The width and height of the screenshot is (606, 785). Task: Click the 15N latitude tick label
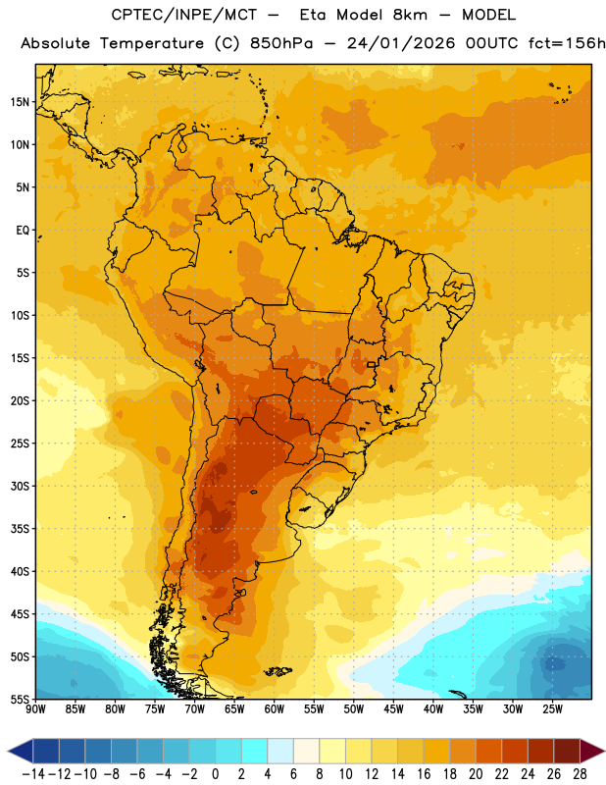click(x=20, y=102)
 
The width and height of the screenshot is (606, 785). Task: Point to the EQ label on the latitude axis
click(x=23, y=231)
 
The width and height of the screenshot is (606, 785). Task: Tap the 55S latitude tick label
click(x=20, y=700)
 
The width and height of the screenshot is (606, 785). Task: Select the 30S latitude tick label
click(x=20, y=486)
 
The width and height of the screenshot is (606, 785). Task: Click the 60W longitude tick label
click(x=274, y=709)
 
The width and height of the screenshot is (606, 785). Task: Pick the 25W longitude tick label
click(x=552, y=709)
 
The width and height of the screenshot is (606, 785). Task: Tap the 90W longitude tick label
click(x=35, y=709)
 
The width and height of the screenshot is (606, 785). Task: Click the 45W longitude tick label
click(x=393, y=709)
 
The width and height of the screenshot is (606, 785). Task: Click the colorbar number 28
click(x=580, y=774)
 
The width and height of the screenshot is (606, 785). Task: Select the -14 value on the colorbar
click(x=33, y=774)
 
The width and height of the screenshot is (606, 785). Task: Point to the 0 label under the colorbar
click(x=216, y=774)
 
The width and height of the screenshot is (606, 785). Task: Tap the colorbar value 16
click(x=424, y=774)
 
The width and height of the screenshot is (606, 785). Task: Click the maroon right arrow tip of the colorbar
click(x=603, y=752)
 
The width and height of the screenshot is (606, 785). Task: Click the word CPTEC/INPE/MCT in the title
click(x=184, y=15)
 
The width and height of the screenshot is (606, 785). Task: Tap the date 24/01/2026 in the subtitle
click(x=401, y=43)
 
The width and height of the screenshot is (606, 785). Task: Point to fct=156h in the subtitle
click(x=567, y=43)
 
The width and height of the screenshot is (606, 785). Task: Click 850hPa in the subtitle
click(x=281, y=43)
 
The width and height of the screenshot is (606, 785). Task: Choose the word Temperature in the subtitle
click(x=152, y=43)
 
